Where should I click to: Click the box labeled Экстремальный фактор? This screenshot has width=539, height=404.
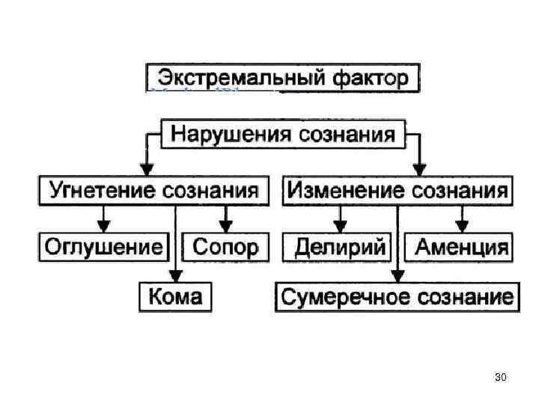point(282,77)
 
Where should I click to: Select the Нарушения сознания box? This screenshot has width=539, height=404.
point(283,135)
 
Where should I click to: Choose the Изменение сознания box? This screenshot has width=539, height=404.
point(398,189)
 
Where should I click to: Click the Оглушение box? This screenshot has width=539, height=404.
point(104,246)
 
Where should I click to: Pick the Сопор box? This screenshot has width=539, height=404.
point(225,246)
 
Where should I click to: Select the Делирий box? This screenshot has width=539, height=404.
point(340,246)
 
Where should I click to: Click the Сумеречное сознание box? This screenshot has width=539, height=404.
point(397,296)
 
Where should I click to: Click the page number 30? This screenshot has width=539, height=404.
point(501,377)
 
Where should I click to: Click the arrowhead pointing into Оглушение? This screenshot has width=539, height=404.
point(104,225)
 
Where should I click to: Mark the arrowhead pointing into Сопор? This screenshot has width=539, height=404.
point(225,225)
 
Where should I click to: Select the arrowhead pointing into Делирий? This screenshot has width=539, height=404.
point(340,225)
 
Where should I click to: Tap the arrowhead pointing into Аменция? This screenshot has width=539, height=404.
point(462,225)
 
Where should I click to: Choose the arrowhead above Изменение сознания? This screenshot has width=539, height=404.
point(421,168)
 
